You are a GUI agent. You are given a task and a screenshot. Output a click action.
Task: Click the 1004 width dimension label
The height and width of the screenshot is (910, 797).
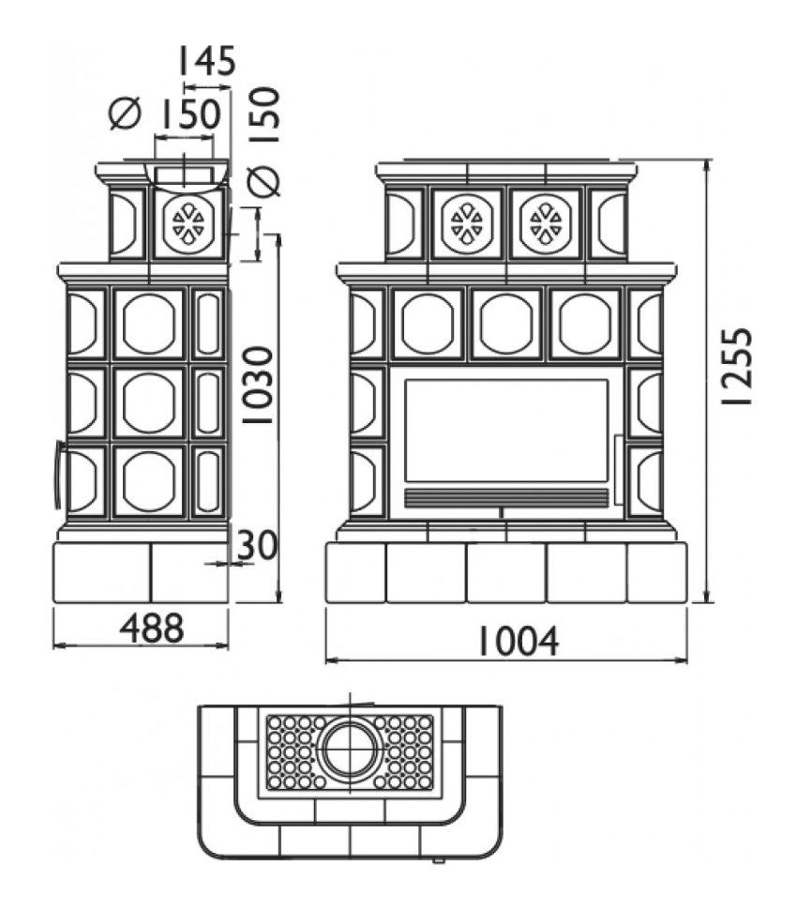(518, 642)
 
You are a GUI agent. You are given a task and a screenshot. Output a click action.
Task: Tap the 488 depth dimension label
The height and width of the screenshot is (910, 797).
(152, 628)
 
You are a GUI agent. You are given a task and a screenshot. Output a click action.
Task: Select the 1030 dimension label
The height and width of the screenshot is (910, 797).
(257, 385)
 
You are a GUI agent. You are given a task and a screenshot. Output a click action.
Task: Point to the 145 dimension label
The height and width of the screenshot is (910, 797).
(207, 61)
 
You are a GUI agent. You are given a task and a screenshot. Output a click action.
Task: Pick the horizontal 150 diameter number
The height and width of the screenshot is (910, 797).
(189, 114)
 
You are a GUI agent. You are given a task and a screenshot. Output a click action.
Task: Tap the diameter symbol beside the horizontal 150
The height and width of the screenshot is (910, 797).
(126, 114)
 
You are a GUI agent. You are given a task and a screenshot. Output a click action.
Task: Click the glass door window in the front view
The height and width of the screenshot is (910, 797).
(506, 431)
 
